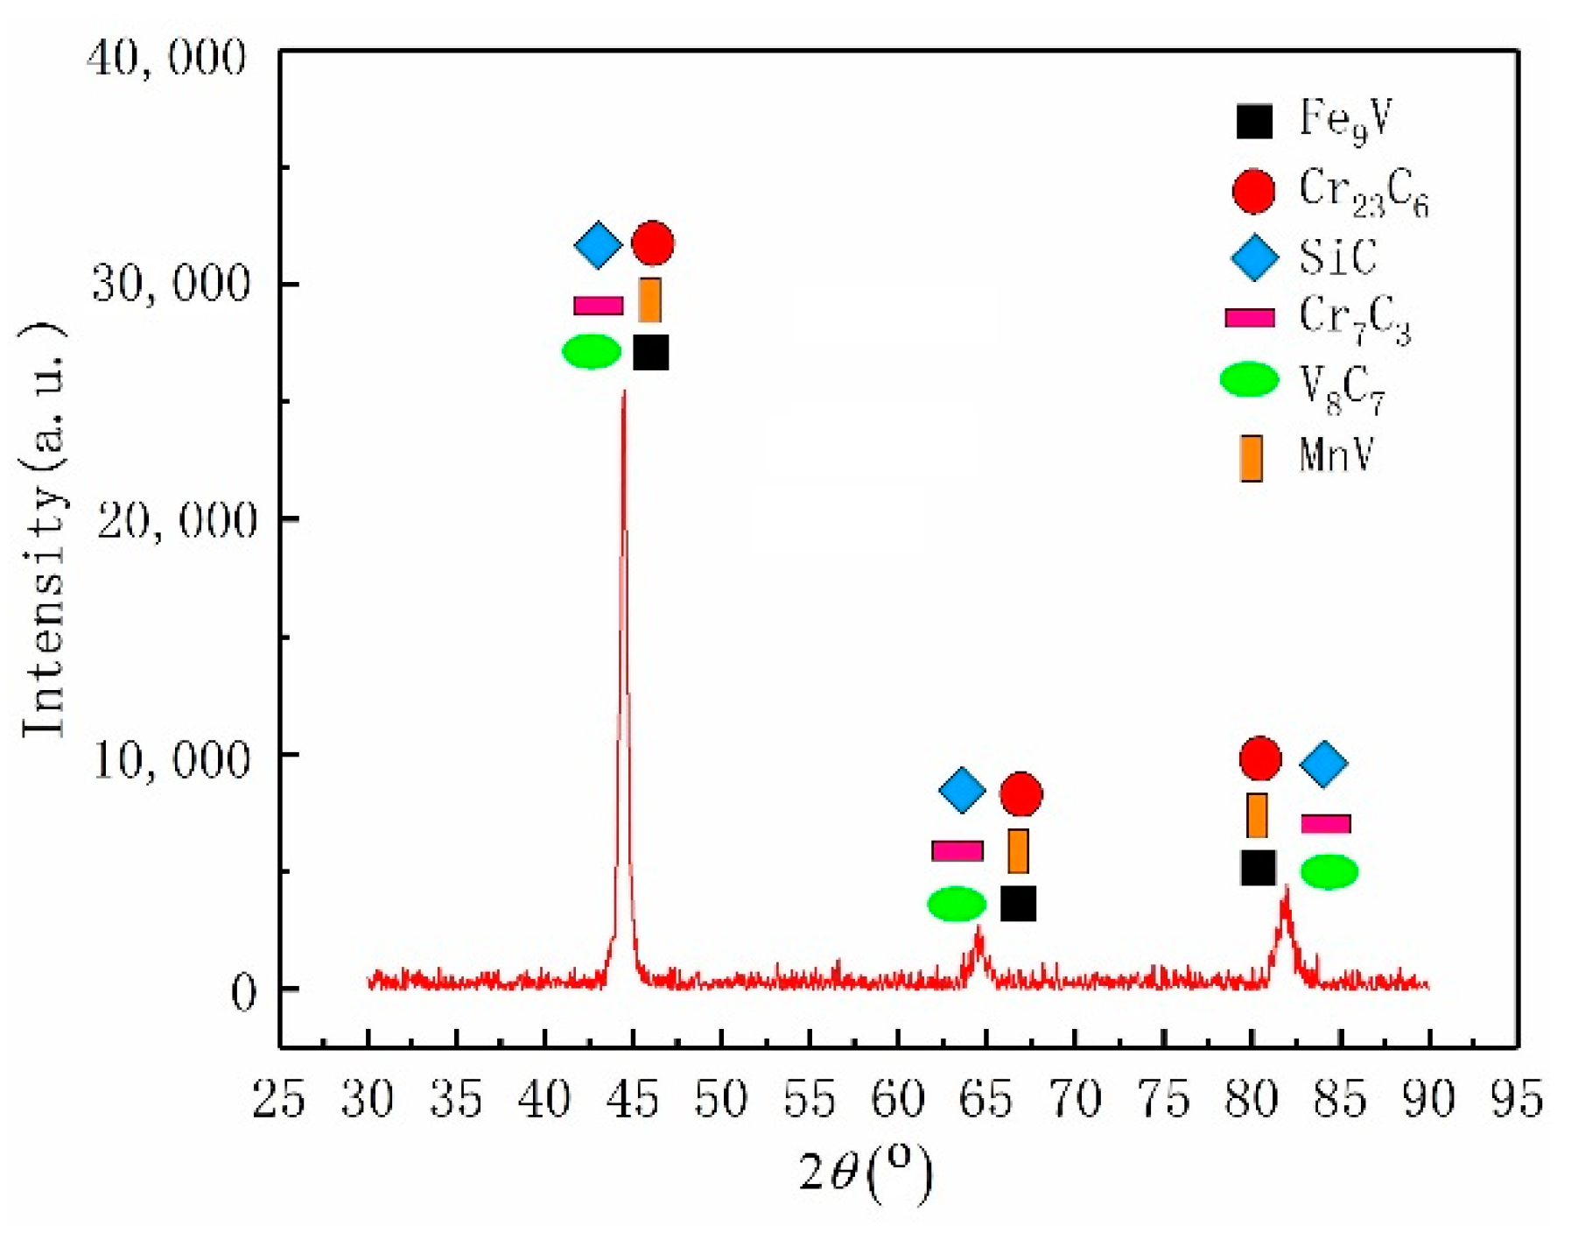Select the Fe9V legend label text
pyautogui.click(x=1344, y=120)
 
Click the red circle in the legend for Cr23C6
pyautogui.click(x=1253, y=190)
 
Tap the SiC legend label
pyautogui.click(x=1337, y=257)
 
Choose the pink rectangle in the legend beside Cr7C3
pyautogui.click(x=1249, y=318)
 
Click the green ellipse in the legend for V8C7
pyautogui.click(x=1249, y=379)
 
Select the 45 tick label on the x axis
pyautogui.click(x=632, y=1100)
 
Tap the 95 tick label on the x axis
pyautogui.click(x=1517, y=1100)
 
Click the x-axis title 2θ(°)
pyautogui.click(x=865, y=1173)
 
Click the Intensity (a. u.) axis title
pyautogui.click(x=44, y=530)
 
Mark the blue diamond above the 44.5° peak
pyautogui.click(x=598, y=245)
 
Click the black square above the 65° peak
pyautogui.click(x=1018, y=904)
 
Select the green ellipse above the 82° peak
pyautogui.click(x=1329, y=871)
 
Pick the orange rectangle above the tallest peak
pyautogui.click(x=649, y=300)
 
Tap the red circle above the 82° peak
pyautogui.click(x=1260, y=758)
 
